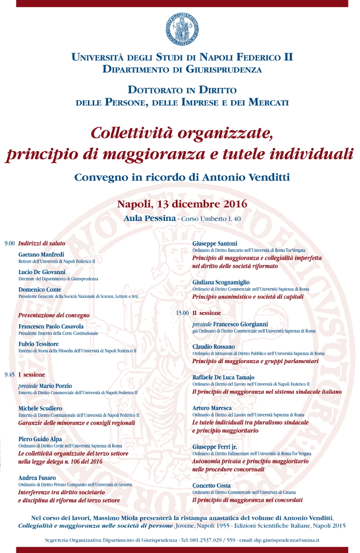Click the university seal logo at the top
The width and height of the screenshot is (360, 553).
[x=182, y=29]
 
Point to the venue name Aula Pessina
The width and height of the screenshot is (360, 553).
[x=149, y=218]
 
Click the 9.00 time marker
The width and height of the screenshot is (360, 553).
[x=9, y=243]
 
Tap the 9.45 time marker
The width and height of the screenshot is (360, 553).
[x=9, y=374]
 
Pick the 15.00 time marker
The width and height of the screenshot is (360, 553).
[x=182, y=313]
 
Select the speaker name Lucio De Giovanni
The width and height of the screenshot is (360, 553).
[x=42, y=272]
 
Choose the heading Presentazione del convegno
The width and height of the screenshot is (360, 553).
[x=54, y=315]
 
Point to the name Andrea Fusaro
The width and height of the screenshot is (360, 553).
[x=37, y=477]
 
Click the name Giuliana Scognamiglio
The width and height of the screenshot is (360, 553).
[x=221, y=282]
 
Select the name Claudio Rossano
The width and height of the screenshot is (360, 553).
[x=213, y=347]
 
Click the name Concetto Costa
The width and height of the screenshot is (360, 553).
[x=213, y=485]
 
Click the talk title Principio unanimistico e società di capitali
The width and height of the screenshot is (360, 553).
[x=247, y=297]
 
